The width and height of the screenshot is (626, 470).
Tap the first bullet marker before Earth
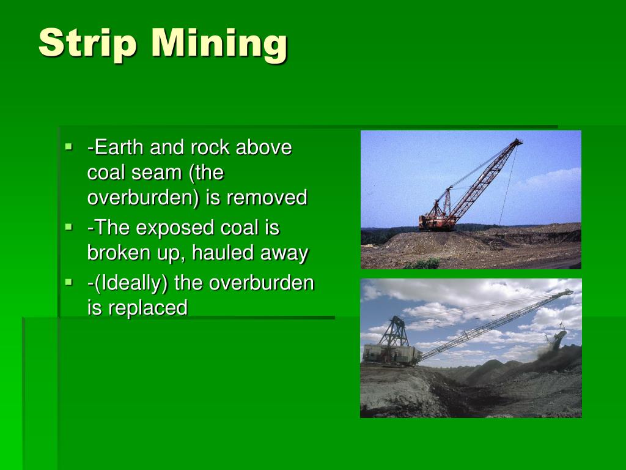(x=69, y=147)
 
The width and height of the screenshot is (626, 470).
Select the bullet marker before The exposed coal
(x=69, y=227)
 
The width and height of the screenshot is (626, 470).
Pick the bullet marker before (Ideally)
(x=69, y=282)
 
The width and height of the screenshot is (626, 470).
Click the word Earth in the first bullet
(x=117, y=147)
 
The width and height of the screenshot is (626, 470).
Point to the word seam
(x=153, y=173)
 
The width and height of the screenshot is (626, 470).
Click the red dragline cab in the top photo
(x=436, y=220)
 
